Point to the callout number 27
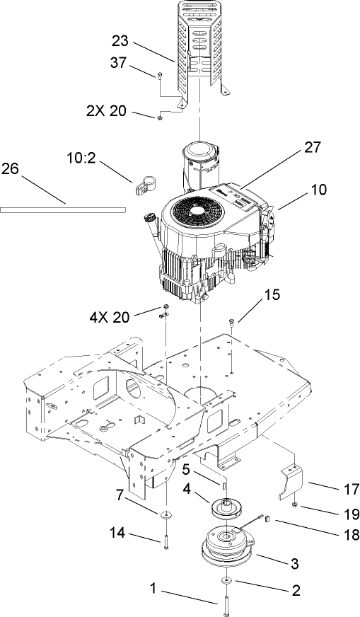pyautogui.click(x=311, y=148)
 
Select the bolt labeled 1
pyautogui.click(x=226, y=603)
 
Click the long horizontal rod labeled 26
pyautogui.click(x=64, y=209)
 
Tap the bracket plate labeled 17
pyautogui.click(x=294, y=481)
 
